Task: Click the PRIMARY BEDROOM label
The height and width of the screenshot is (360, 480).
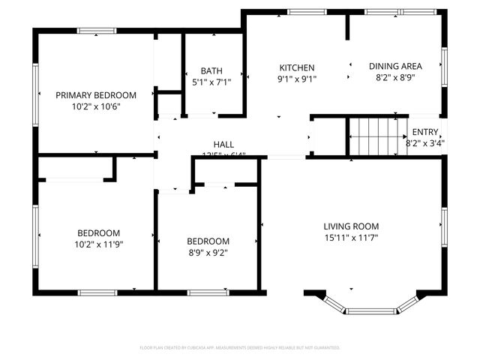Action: pos(96,95)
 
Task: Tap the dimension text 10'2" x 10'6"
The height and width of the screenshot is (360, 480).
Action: pos(96,106)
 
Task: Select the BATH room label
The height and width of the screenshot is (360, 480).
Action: pos(211,71)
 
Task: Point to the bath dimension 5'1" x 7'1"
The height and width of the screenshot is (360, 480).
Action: pos(211,82)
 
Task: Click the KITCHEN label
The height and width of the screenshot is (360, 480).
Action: pos(297,67)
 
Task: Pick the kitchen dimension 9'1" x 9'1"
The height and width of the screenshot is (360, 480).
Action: pos(297,79)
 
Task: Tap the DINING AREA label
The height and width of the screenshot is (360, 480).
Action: pos(395,66)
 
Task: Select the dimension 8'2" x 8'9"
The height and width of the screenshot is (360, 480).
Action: pos(395,77)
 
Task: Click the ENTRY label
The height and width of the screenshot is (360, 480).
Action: pos(425,132)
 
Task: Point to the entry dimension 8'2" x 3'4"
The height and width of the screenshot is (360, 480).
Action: pos(425,142)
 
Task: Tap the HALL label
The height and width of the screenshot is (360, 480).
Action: pos(223,144)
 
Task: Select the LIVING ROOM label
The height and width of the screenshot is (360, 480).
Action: pos(351,226)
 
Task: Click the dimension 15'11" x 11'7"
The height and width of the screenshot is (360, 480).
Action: pos(351,238)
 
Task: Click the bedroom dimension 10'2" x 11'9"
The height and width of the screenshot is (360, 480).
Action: pos(98,244)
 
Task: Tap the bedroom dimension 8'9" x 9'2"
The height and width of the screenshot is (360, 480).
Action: pos(208,253)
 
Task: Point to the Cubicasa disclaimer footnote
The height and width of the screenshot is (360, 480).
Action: pos(240,348)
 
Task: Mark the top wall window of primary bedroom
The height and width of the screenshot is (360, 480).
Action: pos(97,31)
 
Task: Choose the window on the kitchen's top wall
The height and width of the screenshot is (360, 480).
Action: pos(301,12)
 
